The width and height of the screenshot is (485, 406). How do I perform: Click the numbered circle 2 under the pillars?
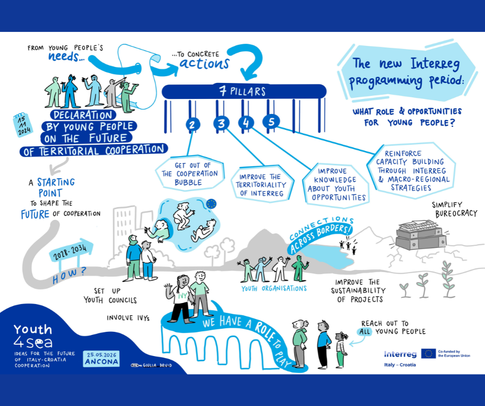pos(192,125)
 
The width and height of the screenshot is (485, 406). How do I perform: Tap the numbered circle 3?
pos(221,123)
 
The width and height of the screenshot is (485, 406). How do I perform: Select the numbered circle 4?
pos(246,123)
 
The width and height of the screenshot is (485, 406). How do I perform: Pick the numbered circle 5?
pos(271,122)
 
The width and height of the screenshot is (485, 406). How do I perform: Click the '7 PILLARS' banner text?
pos(242,91)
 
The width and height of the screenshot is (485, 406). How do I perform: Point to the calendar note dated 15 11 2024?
pos(23,125)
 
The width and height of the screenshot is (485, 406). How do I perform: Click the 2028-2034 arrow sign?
pos(71,250)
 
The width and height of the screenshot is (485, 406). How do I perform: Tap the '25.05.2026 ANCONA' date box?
pos(101,359)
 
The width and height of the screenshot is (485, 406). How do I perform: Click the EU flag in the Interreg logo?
pos(428,354)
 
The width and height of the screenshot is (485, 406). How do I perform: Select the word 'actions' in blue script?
pos(204,64)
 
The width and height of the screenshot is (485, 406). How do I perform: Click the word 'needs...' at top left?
pos(66,57)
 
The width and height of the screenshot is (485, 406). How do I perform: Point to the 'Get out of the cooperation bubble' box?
pos(189,173)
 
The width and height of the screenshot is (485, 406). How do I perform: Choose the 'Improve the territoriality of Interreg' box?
pos(262,185)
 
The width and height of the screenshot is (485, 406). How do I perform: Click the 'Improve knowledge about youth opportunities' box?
pos(335,184)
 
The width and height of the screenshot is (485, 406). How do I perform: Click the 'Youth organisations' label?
pos(274,289)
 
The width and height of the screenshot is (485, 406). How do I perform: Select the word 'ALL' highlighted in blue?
pos(365,332)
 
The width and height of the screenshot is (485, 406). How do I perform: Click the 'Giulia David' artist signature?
pos(152,365)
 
